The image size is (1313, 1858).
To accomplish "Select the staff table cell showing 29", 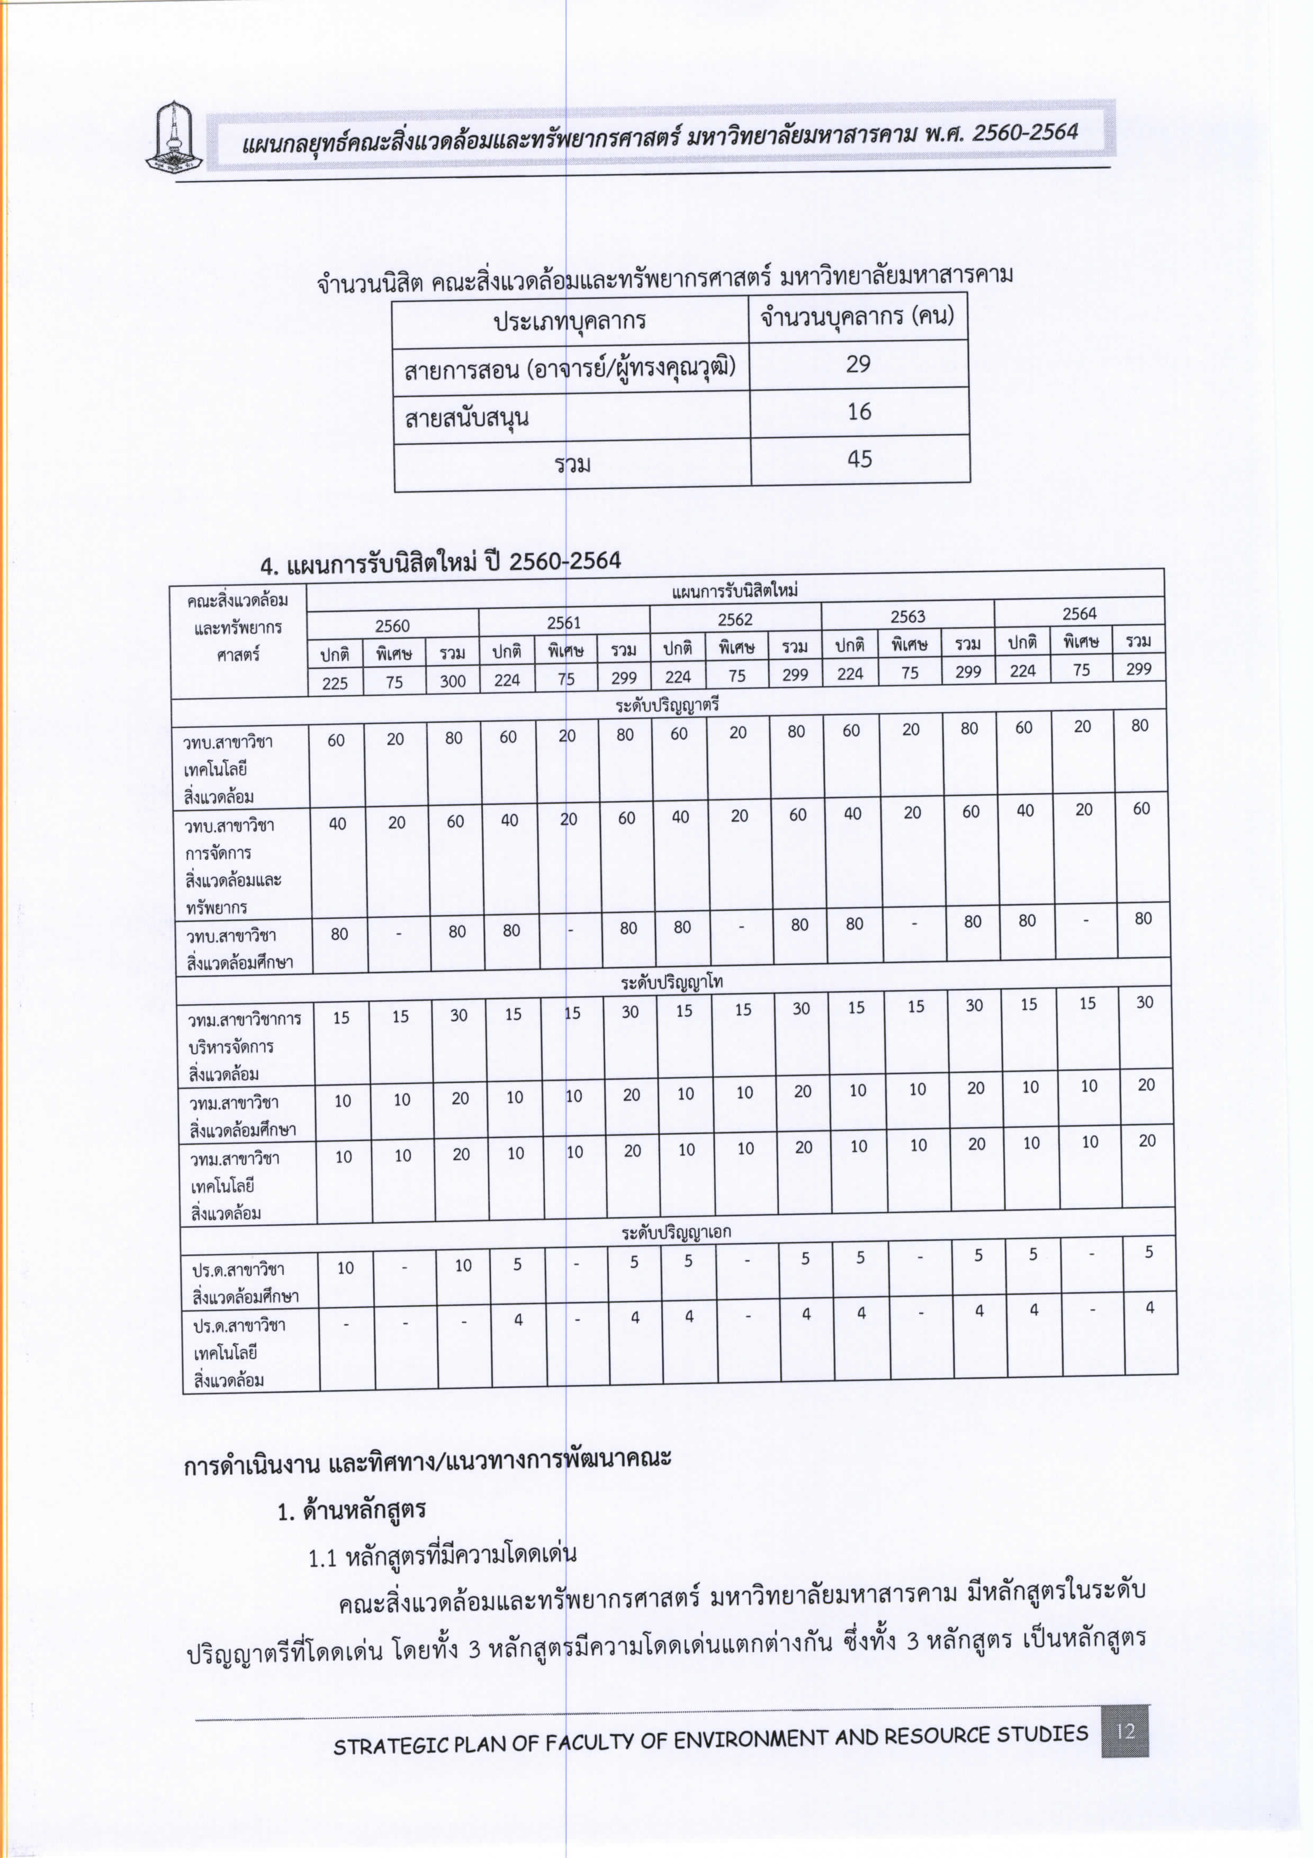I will coord(858,364).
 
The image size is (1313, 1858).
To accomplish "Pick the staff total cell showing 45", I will coord(859,460).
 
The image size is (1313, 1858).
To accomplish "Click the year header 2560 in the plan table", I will coord(392,625).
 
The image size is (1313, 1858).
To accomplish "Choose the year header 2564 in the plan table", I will coord(1079,613).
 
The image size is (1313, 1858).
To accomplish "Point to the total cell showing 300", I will coord(452,680).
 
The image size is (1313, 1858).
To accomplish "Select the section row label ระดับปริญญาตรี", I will coord(668,705).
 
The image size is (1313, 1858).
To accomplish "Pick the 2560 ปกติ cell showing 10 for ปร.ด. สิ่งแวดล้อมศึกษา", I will coord(345,1267).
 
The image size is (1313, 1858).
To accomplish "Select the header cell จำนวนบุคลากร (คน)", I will coord(858,317).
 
